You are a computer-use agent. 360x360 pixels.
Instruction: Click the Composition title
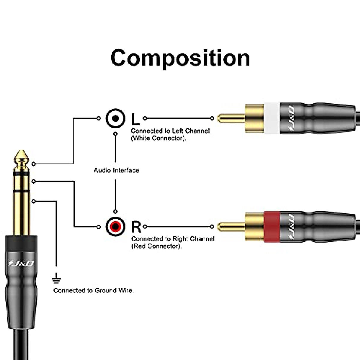[180, 58]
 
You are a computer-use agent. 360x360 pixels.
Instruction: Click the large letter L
[136, 119]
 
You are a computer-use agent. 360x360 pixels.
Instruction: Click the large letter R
[136, 227]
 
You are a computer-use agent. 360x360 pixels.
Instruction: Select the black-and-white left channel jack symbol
[115, 118]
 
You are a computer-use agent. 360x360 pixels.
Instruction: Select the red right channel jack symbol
[115, 226]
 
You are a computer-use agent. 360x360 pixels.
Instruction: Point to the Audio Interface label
[116, 170]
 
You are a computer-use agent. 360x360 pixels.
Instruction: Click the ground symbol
[56, 280]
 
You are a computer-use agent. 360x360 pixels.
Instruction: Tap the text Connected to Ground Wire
[94, 291]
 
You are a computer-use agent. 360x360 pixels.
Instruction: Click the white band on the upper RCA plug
[272, 118]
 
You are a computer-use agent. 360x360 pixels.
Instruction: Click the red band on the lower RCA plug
[272, 226]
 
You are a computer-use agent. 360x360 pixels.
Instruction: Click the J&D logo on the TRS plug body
[21, 263]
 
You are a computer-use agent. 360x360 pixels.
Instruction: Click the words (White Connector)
[158, 138]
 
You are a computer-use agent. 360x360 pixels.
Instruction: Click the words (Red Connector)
[157, 246]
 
